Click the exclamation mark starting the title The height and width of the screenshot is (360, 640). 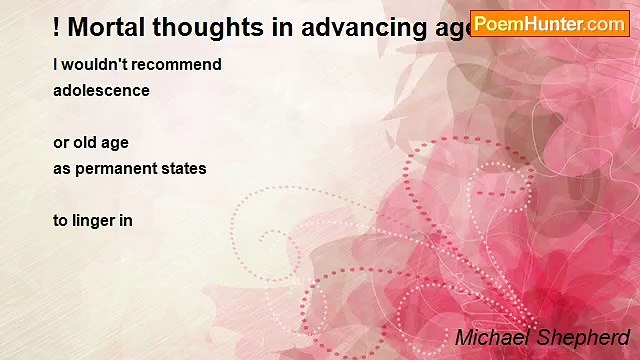pos(58,27)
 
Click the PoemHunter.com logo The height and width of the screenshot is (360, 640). pos(549,24)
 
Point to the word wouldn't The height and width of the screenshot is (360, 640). pos(95,65)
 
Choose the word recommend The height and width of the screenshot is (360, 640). pos(176,65)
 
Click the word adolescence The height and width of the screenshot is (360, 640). pos(101,90)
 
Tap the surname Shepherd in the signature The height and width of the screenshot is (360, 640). pos(585,337)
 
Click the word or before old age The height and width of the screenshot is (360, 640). pos(61,143)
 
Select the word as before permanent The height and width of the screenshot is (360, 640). pos(63,168)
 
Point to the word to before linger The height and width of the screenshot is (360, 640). pos(61,220)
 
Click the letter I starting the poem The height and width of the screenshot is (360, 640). pos(56,65)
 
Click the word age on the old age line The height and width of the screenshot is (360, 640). pos(116,144)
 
